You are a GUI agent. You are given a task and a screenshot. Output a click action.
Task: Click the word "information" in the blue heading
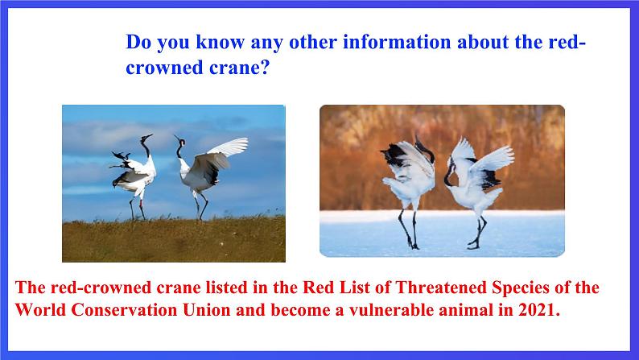tap(397, 42)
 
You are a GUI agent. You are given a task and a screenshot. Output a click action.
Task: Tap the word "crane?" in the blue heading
tap(240, 68)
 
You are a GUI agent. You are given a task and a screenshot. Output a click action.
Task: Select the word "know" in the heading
tap(220, 42)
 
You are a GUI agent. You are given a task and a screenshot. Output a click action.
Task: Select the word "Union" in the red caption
tap(207, 310)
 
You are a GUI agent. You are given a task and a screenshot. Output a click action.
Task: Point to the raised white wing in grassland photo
tap(229, 147)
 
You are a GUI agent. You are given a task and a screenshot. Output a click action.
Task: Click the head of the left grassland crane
tap(146, 137)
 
